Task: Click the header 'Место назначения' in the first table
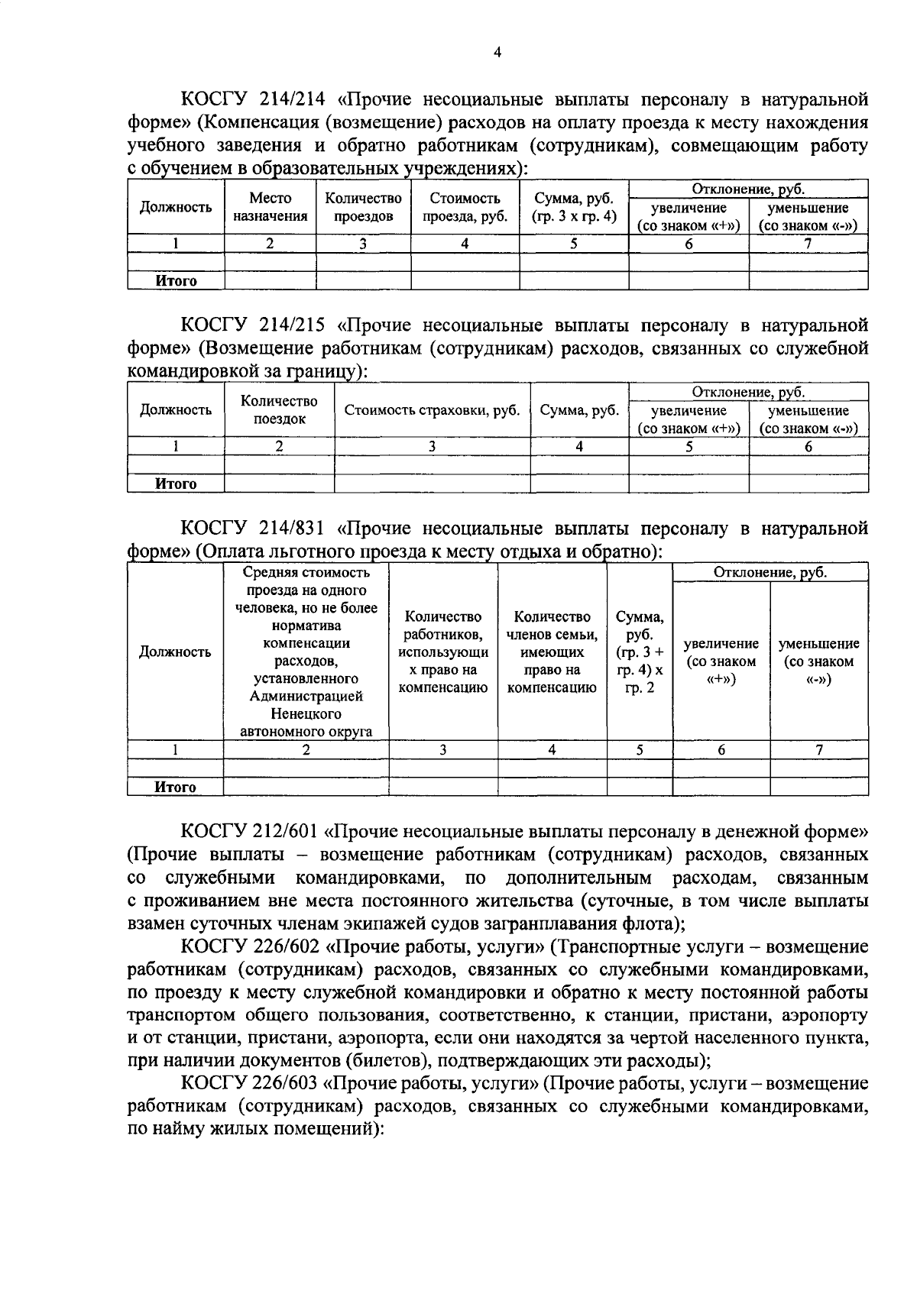(x=270, y=208)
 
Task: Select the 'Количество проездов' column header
(x=363, y=208)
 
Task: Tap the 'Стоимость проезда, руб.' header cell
(x=465, y=208)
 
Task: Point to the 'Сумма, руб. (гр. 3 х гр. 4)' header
(x=574, y=208)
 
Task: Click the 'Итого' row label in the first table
(x=176, y=281)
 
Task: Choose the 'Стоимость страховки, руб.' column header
(x=432, y=410)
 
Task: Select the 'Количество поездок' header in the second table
(x=279, y=410)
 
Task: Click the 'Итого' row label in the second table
(x=176, y=484)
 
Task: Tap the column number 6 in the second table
(x=808, y=448)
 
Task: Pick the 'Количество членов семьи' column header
(x=552, y=652)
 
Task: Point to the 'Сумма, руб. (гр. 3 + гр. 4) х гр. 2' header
(x=640, y=652)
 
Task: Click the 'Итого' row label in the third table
(x=176, y=788)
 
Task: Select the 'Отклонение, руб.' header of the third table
(x=770, y=573)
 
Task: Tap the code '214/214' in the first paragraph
(x=292, y=99)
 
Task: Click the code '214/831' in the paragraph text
(x=292, y=529)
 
